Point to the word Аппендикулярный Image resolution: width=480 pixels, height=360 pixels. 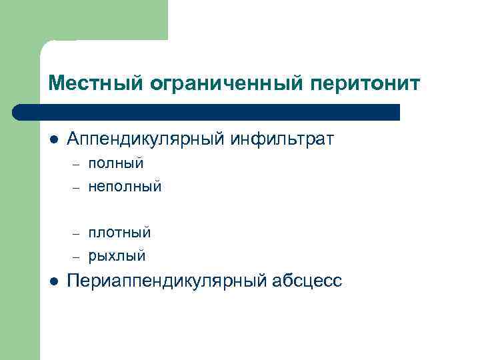click(x=147, y=140)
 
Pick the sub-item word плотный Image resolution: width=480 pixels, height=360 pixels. click(x=119, y=233)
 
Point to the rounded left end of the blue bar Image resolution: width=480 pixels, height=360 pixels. click(x=19, y=112)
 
